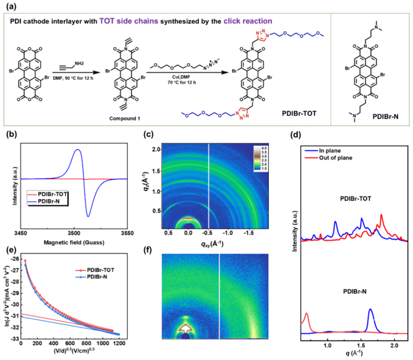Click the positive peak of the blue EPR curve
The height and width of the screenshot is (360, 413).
[78, 150]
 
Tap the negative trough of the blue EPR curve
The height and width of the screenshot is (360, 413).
[88, 216]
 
